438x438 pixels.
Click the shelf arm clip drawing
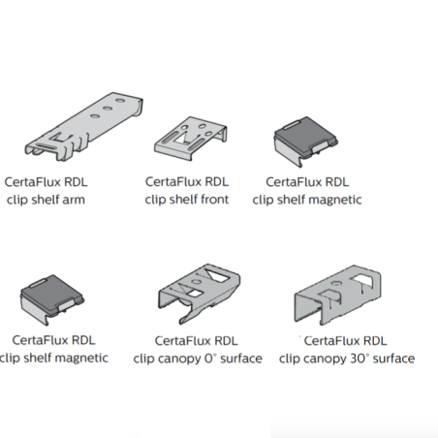(x=84, y=127)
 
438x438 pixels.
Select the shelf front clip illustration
(x=190, y=138)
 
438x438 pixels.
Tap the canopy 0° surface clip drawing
(x=199, y=293)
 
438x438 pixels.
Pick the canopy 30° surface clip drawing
(x=337, y=295)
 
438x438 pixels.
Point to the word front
(x=214, y=200)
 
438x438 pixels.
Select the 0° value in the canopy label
(x=210, y=359)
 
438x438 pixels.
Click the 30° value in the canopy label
(x=358, y=359)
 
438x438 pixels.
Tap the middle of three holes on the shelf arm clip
(x=108, y=108)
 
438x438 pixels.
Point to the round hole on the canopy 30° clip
(x=336, y=283)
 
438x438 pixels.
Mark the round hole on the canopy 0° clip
(x=196, y=281)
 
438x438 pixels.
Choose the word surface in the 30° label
(x=393, y=359)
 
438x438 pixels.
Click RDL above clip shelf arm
(x=76, y=182)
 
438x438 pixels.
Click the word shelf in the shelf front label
(x=179, y=200)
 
